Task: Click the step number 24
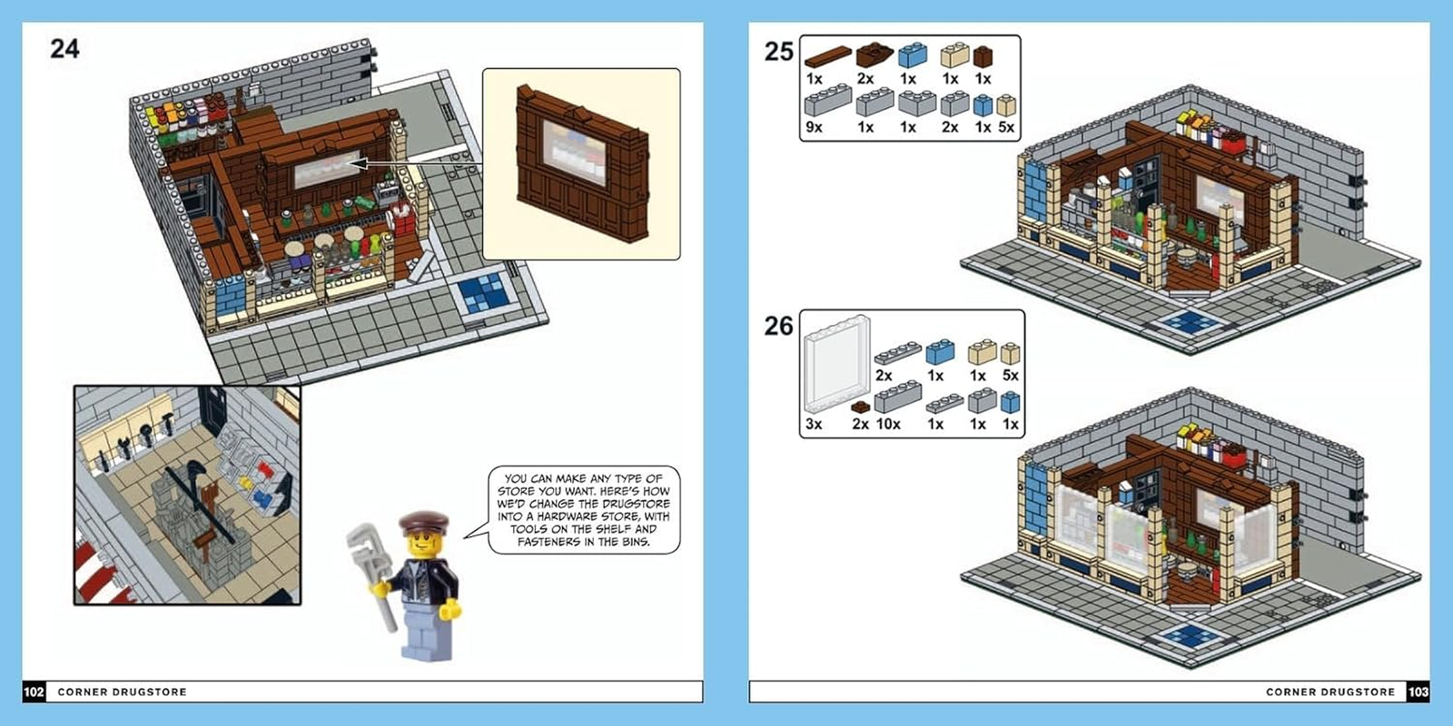(64, 48)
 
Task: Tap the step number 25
(778, 52)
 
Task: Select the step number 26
(778, 326)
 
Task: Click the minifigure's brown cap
(423, 524)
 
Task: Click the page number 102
(34, 692)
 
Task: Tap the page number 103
(1418, 692)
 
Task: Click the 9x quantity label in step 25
(814, 128)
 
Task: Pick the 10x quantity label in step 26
(888, 424)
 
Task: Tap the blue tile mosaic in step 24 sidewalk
(482, 292)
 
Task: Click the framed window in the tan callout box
(574, 152)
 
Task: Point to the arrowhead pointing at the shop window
(356, 164)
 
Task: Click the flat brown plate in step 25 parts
(828, 57)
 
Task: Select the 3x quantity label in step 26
(814, 424)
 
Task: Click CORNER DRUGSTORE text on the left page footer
(122, 692)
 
